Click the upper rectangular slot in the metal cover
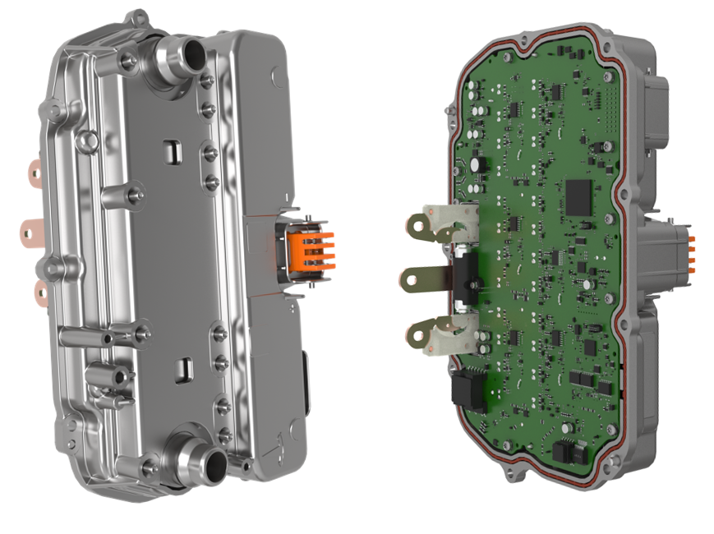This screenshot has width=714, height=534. point(172,150)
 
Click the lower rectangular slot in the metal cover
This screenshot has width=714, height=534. point(186,366)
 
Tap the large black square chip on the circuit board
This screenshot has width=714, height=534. point(579,196)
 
